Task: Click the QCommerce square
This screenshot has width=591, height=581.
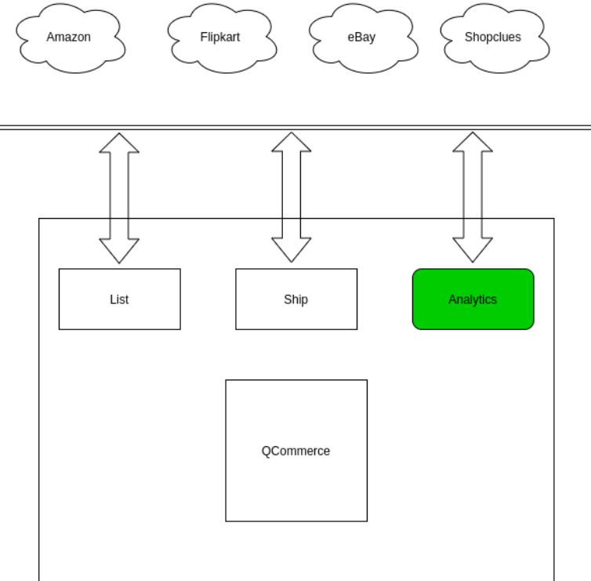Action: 296,478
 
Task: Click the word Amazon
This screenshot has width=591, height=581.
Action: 68,37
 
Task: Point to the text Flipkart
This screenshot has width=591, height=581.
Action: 219,37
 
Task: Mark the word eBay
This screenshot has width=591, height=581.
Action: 361,37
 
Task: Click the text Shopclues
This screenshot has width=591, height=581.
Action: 492,37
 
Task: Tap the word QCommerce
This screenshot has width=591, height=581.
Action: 295,451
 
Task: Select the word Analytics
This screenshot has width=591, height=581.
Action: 473,300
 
